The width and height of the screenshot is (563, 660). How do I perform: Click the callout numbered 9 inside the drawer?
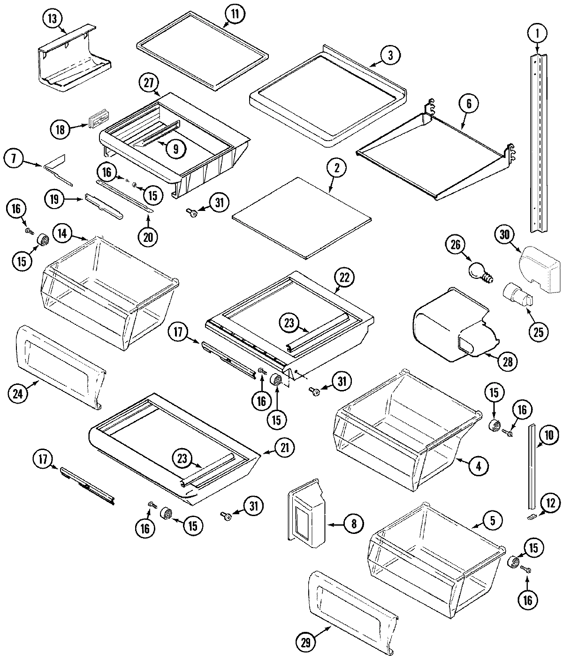(x=175, y=149)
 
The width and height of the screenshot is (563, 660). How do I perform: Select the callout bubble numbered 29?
(x=306, y=643)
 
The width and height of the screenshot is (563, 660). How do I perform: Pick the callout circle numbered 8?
(x=353, y=523)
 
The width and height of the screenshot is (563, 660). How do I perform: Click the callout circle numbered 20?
(x=148, y=237)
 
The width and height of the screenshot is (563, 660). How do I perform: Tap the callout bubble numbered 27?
(x=149, y=83)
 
